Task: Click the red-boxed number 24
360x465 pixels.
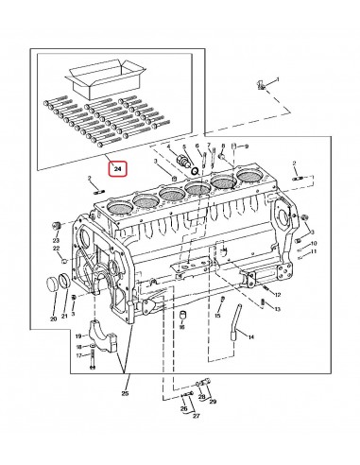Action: tap(118, 169)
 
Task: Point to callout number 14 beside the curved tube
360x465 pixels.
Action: tap(251, 335)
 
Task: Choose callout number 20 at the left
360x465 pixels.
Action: tap(53, 319)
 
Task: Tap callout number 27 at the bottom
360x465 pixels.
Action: tap(197, 415)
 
